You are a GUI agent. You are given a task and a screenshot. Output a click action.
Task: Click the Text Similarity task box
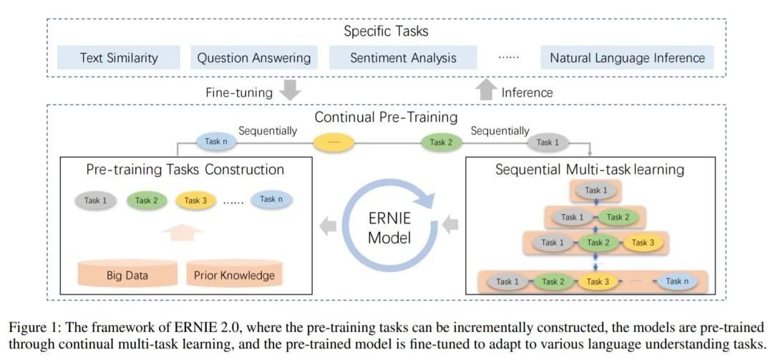tap(119, 58)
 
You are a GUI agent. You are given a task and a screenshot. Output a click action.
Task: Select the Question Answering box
tap(254, 58)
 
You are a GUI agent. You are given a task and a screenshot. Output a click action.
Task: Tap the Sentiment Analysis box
tap(403, 58)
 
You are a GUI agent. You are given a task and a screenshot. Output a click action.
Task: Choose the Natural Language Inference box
tap(628, 58)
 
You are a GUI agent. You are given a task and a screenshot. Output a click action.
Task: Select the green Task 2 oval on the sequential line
tap(441, 142)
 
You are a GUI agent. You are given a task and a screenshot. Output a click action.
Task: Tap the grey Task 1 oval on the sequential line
tap(548, 142)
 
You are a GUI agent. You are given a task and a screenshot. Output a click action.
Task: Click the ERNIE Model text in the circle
tap(389, 228)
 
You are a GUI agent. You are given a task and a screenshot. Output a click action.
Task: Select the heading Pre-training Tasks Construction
tap(185, 170)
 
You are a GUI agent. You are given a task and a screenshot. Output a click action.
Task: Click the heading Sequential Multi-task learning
tap(590, 170)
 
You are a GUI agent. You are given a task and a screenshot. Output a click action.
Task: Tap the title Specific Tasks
tap(386, 31)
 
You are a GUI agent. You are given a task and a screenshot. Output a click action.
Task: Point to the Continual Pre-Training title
tap(387, 116)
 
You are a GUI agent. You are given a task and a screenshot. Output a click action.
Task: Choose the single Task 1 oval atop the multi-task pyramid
tap(593, 190)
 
